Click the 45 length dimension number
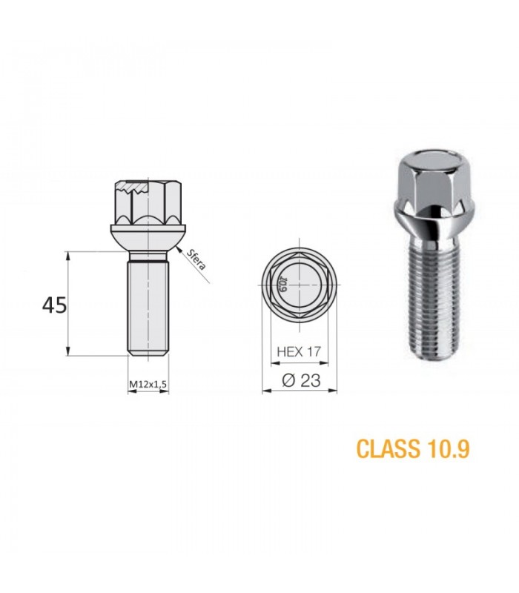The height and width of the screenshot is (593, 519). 54,305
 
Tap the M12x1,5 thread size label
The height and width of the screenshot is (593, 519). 148,384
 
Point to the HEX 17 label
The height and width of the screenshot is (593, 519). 299,351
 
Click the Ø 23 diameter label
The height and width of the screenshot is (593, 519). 301,380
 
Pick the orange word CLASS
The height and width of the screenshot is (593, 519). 388,448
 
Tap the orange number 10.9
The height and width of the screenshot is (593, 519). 449,448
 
